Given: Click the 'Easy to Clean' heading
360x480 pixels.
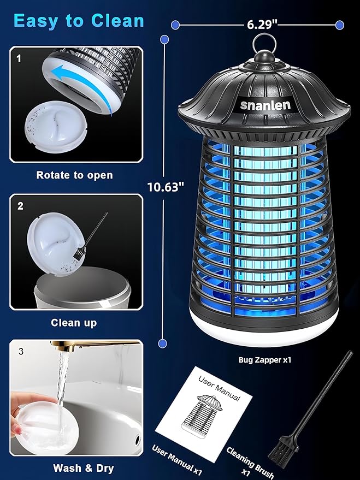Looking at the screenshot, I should tap(79, 20).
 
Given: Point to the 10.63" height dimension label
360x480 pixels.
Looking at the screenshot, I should tap(166, 186).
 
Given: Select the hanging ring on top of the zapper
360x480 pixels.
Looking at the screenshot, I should tap(265, 44).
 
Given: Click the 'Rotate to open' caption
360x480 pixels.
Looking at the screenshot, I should tap(74, 175).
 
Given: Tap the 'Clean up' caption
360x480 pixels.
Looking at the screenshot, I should tap(74, 323).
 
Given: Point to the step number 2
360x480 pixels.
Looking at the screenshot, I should tap(20, 206).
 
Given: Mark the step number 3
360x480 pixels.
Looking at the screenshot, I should tap(21, 352).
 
